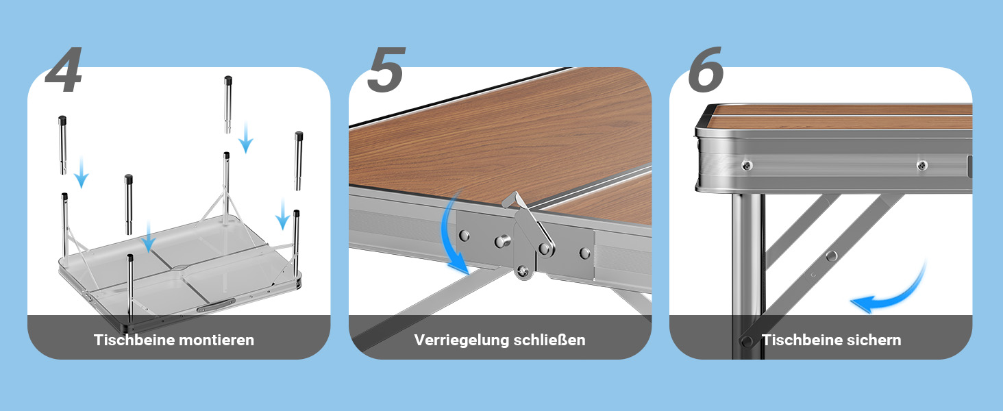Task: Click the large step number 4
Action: (64, 70)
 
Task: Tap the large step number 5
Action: (386, 70)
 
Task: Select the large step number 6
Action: (706, 70)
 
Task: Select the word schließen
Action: (549, 340)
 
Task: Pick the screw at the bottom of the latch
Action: (523, 271)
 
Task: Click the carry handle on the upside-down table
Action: (216, 305)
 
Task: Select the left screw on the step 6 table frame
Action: (747, 166)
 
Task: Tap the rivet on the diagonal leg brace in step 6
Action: (832, 256)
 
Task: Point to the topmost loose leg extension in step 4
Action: (228, 104)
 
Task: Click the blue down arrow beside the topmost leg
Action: (245, 138)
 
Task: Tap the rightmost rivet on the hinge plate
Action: (584, 253)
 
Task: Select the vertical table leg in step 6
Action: (747, 275)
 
